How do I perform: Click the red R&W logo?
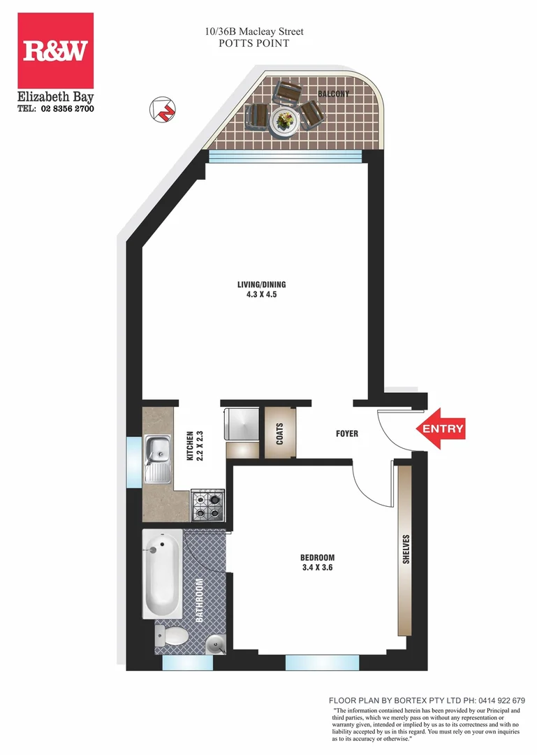point(55,50)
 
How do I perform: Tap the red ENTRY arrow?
point(441,429)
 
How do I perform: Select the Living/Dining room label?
point(262,285)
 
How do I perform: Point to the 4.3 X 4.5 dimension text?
point(262,294)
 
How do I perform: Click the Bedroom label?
point(317,557)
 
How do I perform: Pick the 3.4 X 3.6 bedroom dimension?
point(317,568)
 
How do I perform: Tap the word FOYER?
point(347,434)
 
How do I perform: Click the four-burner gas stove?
point(207,505)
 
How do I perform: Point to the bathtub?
point(162,573)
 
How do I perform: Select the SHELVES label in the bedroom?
point(406,549)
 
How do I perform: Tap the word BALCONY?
point(333,94)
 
